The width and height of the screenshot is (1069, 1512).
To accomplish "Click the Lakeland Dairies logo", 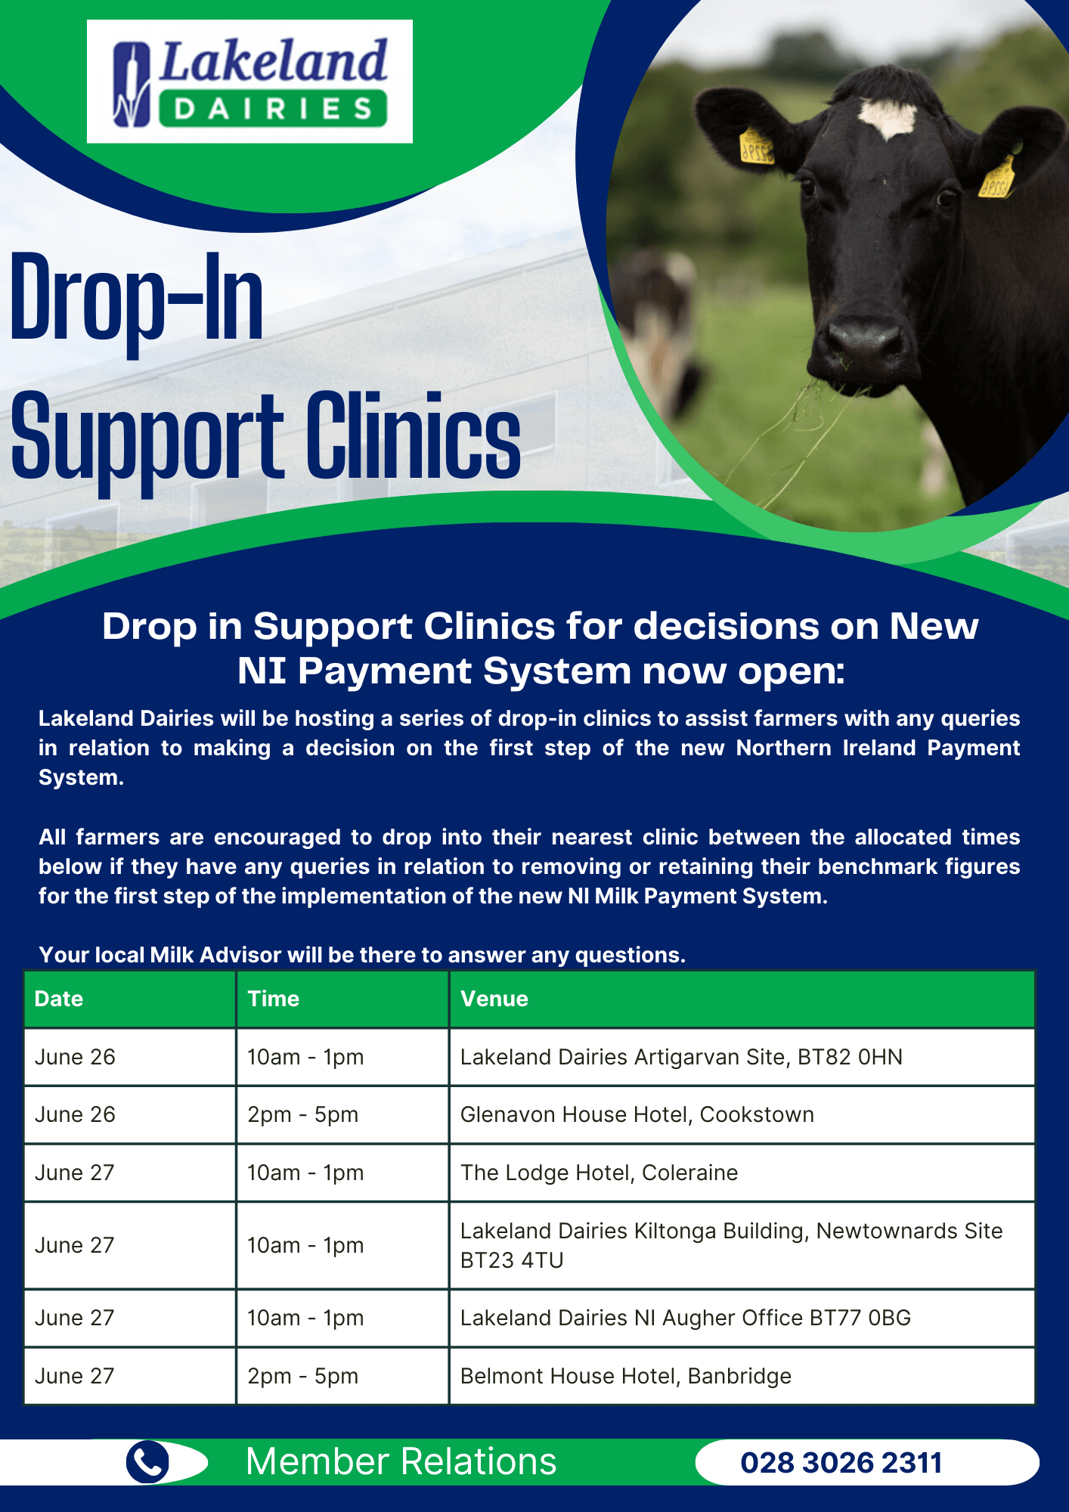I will tap(249, 82).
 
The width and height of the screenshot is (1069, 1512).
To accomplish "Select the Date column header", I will tap(59, 999).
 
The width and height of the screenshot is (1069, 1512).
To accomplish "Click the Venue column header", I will tap(494, 999).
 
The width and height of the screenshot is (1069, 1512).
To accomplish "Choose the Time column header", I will tap(274, 999).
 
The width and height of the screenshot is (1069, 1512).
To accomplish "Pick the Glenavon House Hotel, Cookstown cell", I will tap(637, 1114).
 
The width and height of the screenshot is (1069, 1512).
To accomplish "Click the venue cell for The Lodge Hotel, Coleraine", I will tap(599, 1173).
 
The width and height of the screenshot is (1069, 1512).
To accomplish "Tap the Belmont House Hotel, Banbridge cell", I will tap(625, 1376).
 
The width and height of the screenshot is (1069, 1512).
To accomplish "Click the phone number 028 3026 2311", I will tap(841, 1463).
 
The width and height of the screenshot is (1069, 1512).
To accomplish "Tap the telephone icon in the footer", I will tap(148, 1461).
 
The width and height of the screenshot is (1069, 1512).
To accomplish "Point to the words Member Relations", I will tap(401, 1461).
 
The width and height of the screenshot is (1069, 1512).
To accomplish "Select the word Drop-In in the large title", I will tap(136, 299).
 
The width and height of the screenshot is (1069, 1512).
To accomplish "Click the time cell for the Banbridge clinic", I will tap(302, 1376).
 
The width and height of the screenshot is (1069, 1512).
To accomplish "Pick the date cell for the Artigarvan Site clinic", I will tap(75, 1057).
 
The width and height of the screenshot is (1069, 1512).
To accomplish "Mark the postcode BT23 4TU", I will tap(512, 1260).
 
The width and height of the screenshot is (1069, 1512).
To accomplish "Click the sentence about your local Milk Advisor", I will tap(362, 955).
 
